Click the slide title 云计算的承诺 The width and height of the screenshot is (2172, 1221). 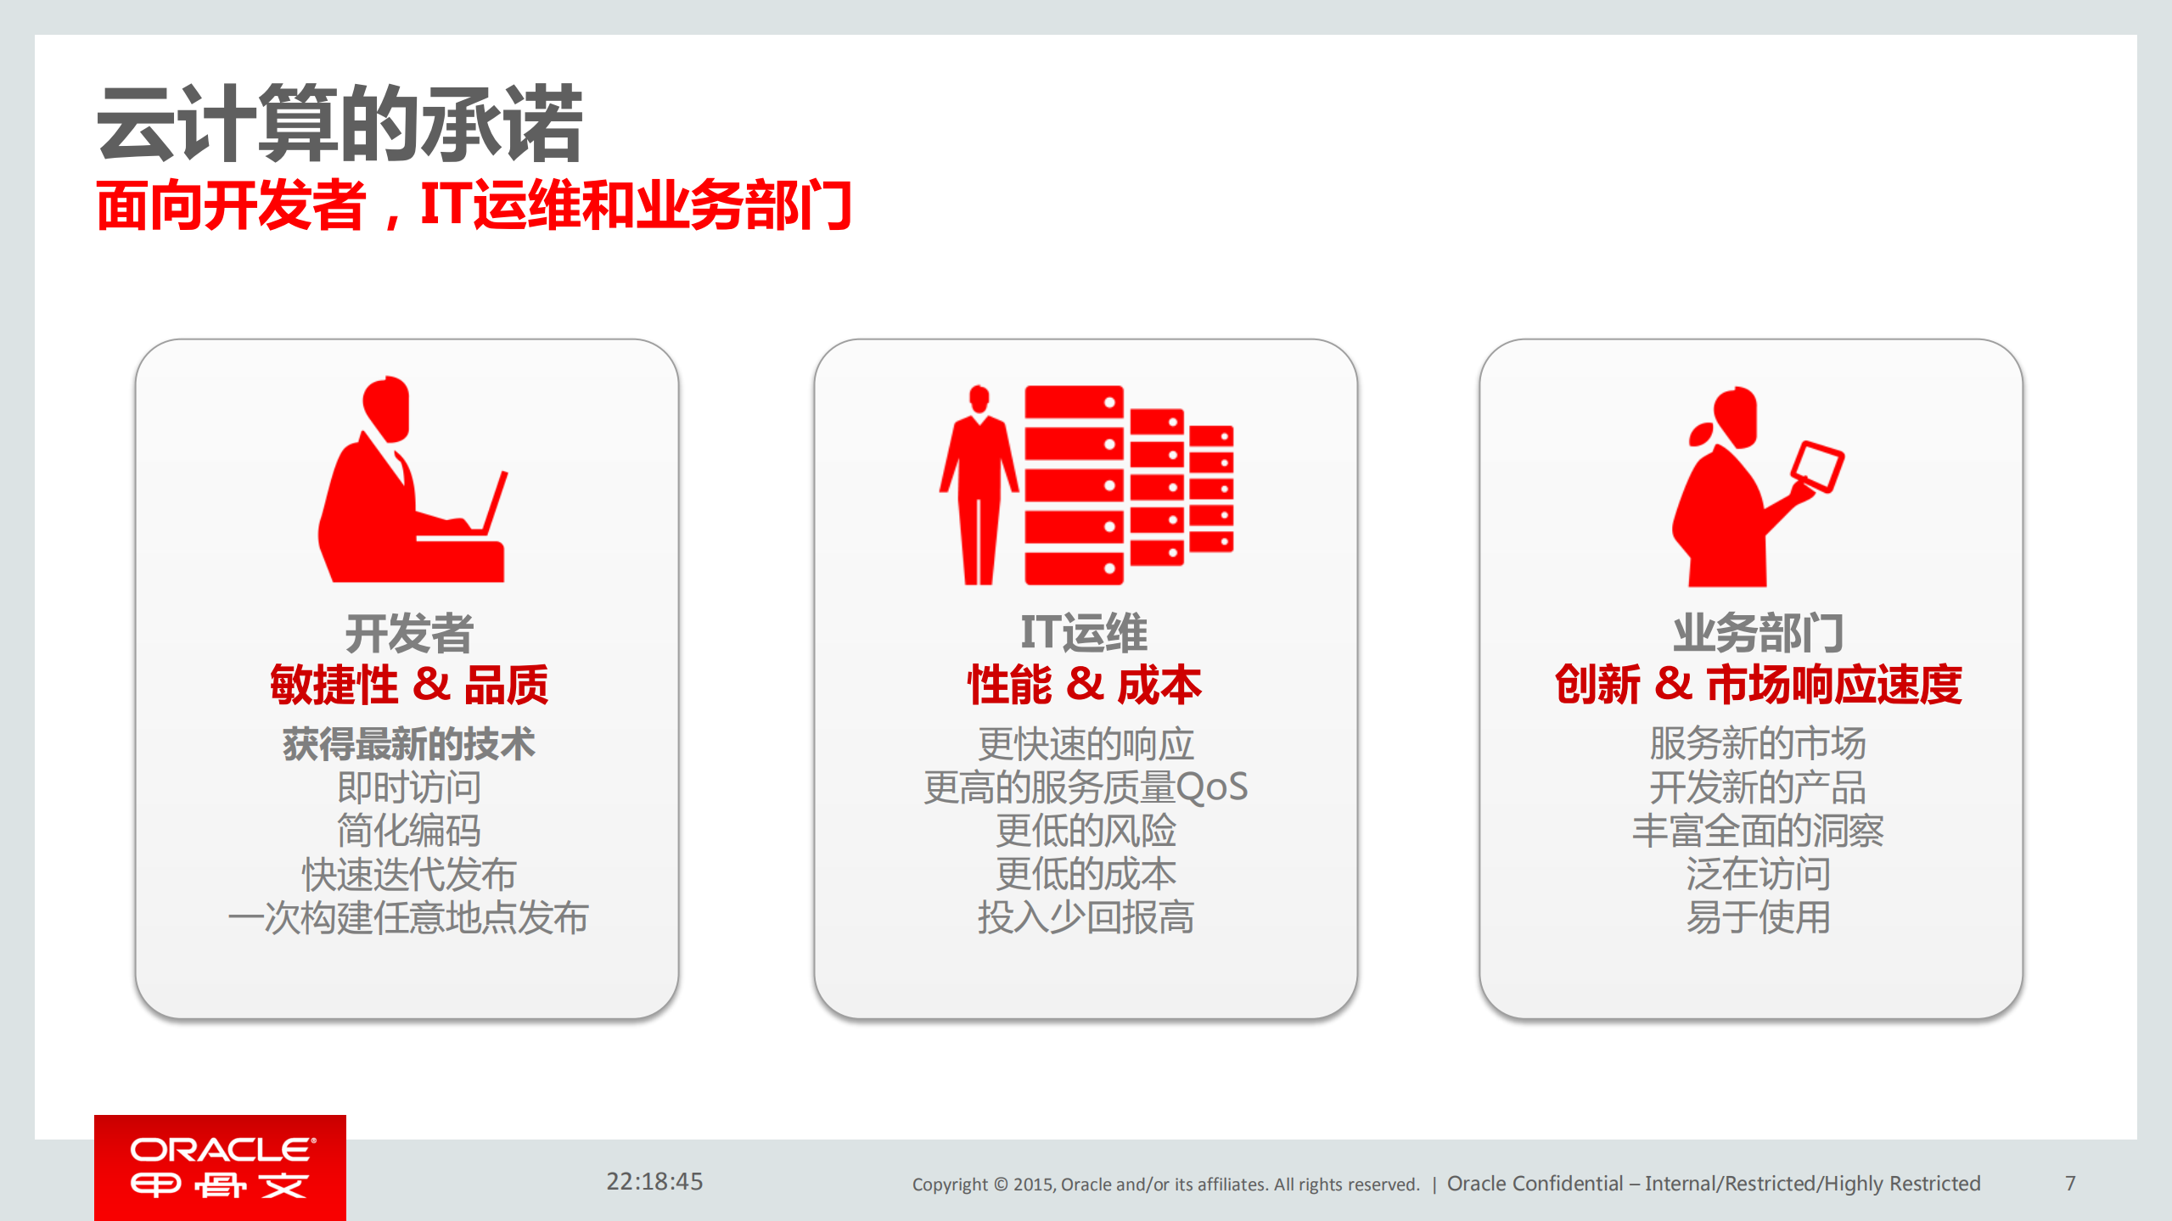coord(340,124)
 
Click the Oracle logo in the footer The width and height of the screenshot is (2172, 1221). coord(220,1168)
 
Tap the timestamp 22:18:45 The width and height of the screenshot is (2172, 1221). coord(654,1181)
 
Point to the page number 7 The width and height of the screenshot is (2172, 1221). coord(2070,1183)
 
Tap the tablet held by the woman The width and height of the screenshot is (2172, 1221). coord(1817,466)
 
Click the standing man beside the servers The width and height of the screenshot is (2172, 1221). coord(979,484)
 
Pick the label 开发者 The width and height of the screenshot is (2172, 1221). coord(408,633)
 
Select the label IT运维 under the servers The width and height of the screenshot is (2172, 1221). coord(1084,633)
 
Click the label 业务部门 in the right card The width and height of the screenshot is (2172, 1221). coord(1758,633)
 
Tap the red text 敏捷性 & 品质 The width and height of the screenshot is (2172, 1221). coord(408,685)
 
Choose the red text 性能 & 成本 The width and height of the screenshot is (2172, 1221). coord(1084,685)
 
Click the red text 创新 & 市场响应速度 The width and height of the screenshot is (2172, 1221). coord(1758,685)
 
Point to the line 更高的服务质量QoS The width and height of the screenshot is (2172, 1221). coord(1086,787)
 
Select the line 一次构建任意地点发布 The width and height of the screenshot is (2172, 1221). coord(408,918)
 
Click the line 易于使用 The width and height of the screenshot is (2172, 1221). coord(1758,918)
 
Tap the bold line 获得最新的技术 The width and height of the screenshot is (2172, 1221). coord(408,744)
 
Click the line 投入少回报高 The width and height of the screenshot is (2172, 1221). coord(1086,918)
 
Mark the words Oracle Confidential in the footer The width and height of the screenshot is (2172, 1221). coord(1535,1184)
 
